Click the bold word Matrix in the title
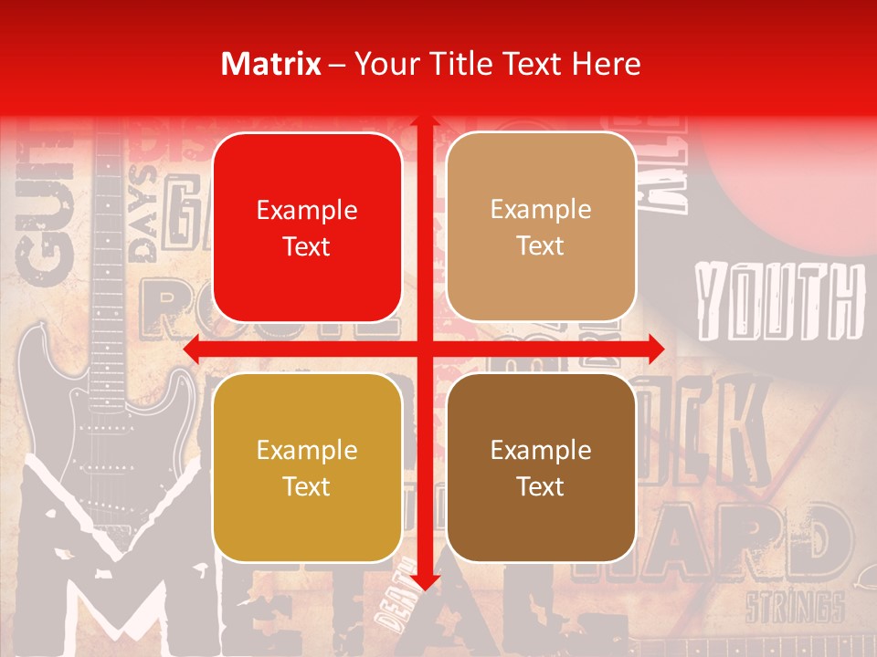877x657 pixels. point(271,64)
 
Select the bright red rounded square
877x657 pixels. point(307,227)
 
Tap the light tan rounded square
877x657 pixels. point(541,227)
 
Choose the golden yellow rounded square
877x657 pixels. point(307,467)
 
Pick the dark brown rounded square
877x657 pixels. point(541,467)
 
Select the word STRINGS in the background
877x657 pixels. point(794,607)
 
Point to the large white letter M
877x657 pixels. point(119,575)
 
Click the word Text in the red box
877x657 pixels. point(307,246)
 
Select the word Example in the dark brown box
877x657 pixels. point(541,450)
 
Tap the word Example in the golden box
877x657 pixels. point(307,450)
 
